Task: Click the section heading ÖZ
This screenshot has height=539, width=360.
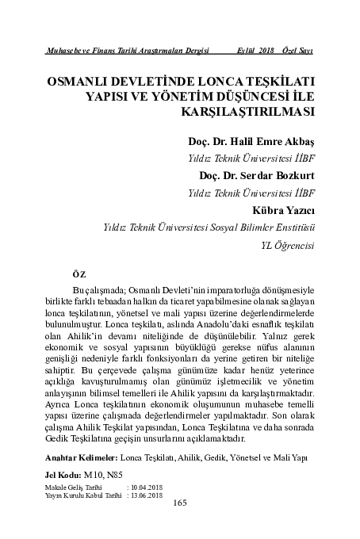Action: (x=77, y=273)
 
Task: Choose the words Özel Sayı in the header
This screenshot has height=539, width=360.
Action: (x=297, y=51)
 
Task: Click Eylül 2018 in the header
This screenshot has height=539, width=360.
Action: (x=255, y=51)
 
